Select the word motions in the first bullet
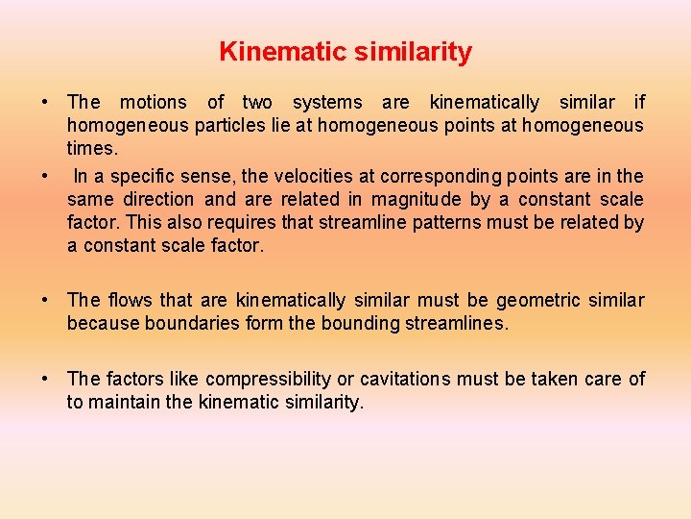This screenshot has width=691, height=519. tap(154, 102)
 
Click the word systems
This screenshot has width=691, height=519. tap(327, 102)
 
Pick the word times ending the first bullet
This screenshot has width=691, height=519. tap(91, 149)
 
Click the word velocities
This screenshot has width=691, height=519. tap(323, 176)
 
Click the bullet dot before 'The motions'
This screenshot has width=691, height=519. tap(44, 102)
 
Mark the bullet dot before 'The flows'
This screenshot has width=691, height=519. tap(44, 301)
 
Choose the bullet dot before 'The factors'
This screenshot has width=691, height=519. tap(44, 380)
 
